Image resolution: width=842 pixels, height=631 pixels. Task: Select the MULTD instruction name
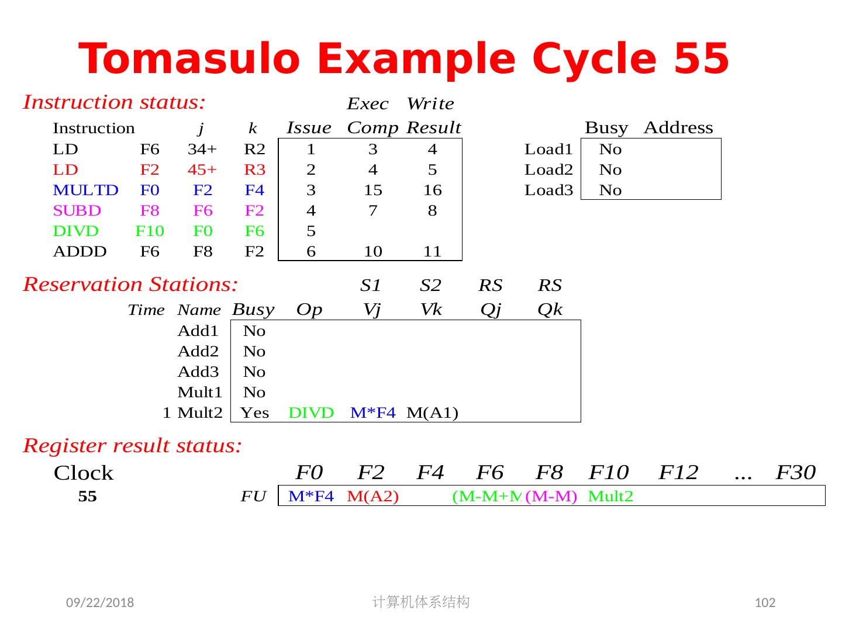[x=85, y=190]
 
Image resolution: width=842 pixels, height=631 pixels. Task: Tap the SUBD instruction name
[x=77, y=211]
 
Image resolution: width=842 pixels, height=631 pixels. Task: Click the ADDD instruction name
[x=80, y=252]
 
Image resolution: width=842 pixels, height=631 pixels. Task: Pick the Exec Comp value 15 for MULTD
[x=372, y=190]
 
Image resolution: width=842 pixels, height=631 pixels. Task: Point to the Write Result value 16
[x=432, y=190]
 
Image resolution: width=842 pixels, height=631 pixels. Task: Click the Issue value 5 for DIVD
[x=311, y=231]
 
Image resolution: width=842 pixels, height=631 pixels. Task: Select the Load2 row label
[x=548, y=170]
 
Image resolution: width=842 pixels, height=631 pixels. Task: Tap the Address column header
[x=678, y=128]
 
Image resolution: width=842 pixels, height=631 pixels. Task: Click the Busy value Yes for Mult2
[x=255, y=413]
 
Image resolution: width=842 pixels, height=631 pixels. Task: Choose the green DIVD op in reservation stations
[x=311, y=413]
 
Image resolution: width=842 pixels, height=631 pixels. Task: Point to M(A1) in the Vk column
[x=432, y=413]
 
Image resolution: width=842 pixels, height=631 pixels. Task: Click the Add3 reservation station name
[x=198, y=372]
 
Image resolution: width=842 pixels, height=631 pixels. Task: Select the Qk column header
[x=550, y=310]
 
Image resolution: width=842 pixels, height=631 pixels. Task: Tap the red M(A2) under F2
[x=372, y=497]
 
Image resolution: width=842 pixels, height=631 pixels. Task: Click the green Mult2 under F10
[x=610, y=497]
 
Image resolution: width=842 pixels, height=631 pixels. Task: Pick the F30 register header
[x=795, y=472]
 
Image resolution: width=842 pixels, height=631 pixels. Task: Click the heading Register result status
[x=132, y=446]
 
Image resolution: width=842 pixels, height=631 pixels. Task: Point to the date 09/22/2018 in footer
[x=100, y=602]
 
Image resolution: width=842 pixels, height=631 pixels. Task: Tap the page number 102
[x=765, y=603]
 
